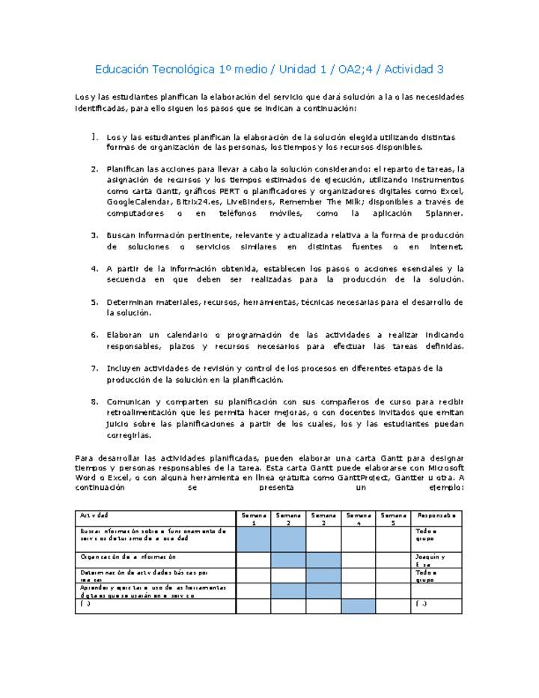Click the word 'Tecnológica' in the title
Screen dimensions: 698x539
[x=184, y=70]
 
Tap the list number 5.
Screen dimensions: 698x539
[x=95, y=303]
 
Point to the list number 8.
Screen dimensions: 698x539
[x=95, y=401]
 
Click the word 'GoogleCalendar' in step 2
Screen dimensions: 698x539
[x=138, y=201]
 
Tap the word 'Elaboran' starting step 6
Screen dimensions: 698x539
[x=126, y=335]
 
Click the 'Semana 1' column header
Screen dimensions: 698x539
[x=253, y=519]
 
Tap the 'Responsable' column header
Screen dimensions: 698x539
[x=437, y=516]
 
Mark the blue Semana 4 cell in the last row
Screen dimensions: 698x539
[x=359, y=606]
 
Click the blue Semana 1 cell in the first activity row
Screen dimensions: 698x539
[x=253, y=539]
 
